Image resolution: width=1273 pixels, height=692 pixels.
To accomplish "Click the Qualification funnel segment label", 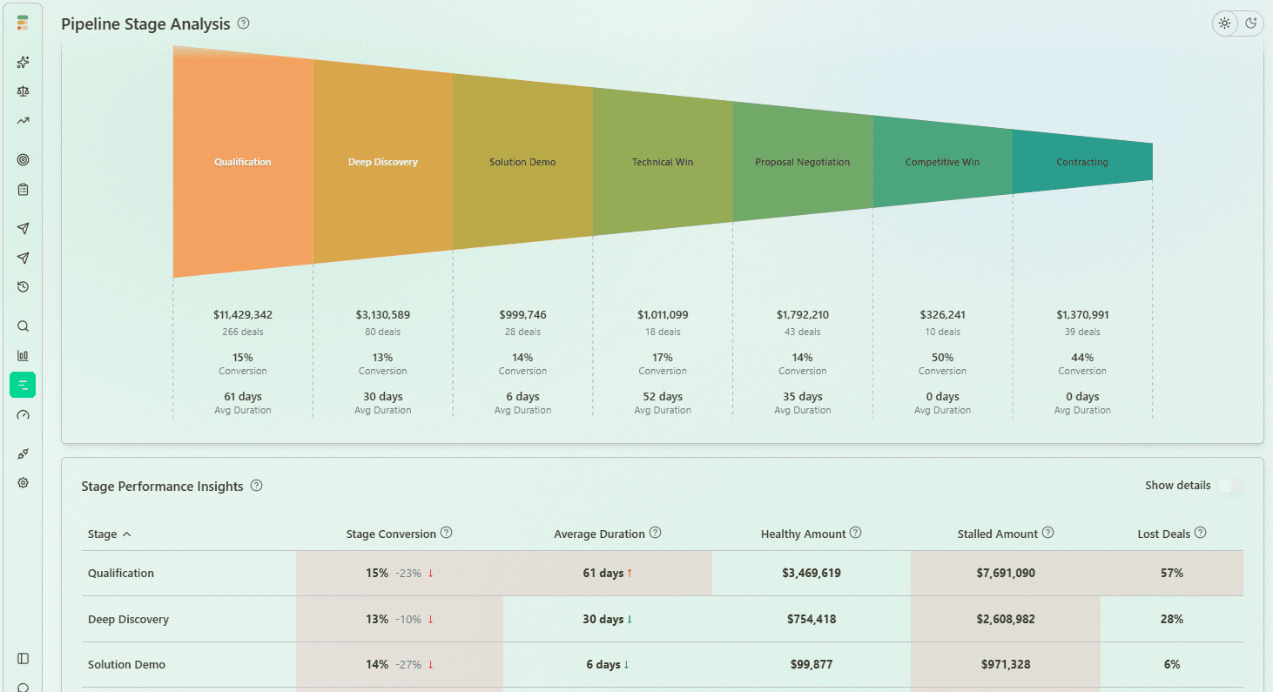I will [x=243, y=162].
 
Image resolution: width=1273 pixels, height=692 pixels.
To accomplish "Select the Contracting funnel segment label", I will [x=1082, y=162].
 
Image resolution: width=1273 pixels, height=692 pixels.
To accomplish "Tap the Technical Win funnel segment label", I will [x=663, y=162].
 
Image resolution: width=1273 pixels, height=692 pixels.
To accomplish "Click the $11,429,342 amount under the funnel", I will [x=243, y=315].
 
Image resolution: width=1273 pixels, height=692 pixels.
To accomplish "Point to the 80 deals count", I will [x=383, y=332].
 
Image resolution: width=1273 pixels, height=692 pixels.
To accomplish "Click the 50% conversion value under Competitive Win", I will [x=942, y=358].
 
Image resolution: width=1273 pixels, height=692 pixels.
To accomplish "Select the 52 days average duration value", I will [x=663, y=397].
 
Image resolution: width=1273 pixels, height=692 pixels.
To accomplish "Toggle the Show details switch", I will [x=1229, y=486].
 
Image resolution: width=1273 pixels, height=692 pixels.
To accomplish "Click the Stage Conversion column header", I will [x=391, y=534].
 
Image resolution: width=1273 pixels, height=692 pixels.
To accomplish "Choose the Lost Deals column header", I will [x=1163, y=534].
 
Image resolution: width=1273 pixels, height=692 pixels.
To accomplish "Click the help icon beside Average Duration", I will [x=656, y=533].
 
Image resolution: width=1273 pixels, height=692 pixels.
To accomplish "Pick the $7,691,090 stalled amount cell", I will [x=1005, y=573].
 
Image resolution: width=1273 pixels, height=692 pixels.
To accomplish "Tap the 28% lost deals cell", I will [x=1172, y=619].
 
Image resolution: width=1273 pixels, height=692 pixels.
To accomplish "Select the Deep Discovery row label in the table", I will [x=128, y=619].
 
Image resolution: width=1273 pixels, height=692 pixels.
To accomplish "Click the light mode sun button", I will [x=1225, y=24].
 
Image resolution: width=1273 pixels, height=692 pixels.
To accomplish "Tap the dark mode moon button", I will [x=1250, y=24].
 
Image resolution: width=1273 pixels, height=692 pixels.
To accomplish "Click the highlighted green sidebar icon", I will [x=23, y=385].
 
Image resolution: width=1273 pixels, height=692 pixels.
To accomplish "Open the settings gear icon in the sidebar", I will [x=24, y=482].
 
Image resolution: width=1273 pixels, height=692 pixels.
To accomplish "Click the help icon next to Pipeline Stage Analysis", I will [x=244, y=24].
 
